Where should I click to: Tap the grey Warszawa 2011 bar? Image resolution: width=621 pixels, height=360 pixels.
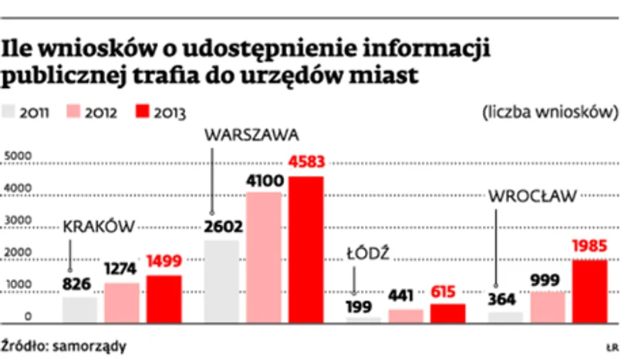pos(221,280)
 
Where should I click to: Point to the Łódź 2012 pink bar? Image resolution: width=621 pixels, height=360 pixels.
pos(406,315)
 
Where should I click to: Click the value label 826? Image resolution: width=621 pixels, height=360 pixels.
pos(77,284)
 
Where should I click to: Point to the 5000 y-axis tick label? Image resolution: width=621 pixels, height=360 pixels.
pos(17,157)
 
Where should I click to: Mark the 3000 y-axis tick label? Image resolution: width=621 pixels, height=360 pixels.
pos(17,221)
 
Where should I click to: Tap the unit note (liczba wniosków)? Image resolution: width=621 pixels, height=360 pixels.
pos(550,113)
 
